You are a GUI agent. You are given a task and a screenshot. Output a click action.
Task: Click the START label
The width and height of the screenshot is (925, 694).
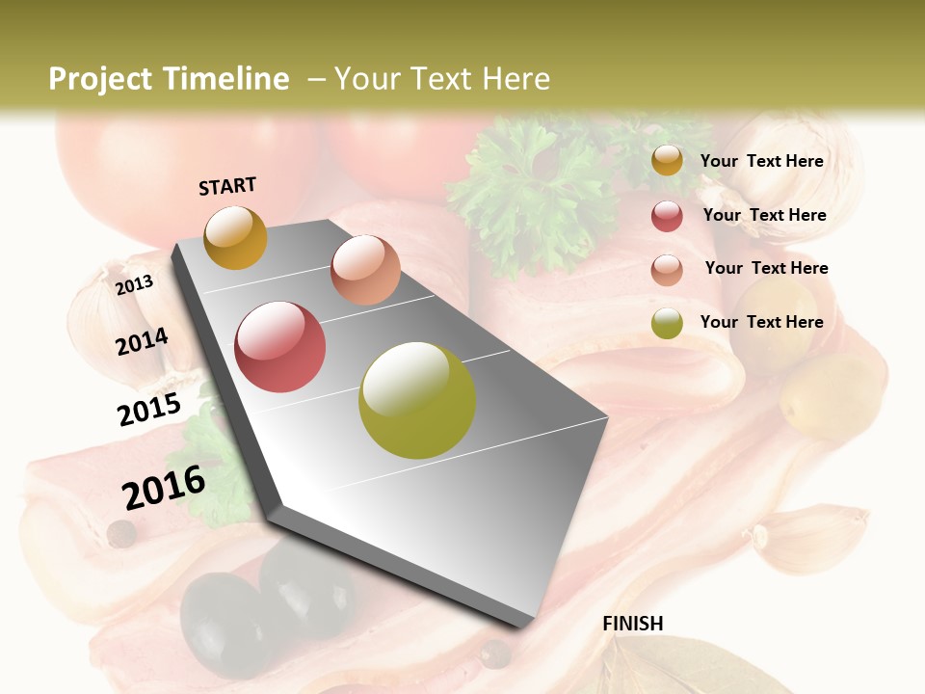click(x=227, y=186)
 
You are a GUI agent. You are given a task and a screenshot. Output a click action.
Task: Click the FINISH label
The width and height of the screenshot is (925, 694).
click(x=633, y=624)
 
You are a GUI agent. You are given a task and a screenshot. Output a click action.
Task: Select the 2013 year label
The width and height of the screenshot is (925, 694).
click(x=135, y=284)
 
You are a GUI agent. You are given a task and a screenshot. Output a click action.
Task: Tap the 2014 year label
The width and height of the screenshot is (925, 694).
click(x=143, y=341)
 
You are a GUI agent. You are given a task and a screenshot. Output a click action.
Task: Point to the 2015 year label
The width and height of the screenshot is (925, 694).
click(x=149, y=410)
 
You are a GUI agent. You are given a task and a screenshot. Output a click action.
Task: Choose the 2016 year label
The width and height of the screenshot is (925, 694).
click(x=164, y=487)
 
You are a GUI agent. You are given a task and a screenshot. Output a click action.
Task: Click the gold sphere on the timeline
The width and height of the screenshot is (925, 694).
click(x=235, y=237)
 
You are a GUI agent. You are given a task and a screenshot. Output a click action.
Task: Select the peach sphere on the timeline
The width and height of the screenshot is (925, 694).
click(x=365, y=270)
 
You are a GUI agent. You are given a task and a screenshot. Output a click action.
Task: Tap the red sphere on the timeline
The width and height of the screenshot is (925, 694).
click(x=280, y=347)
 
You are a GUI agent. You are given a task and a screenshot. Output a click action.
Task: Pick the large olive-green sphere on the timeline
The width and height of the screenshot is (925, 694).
click(x=417, y=400)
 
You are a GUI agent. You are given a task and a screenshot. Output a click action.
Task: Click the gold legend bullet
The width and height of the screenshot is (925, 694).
click(x=667, y=161)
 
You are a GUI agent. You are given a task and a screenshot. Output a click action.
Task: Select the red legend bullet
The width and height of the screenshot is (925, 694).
click(x=667, y=216)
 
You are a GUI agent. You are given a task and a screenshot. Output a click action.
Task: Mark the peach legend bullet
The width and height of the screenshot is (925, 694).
click(x=667, y=270)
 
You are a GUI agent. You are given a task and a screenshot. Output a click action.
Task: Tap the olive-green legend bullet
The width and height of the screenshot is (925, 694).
click(x=667, y=324)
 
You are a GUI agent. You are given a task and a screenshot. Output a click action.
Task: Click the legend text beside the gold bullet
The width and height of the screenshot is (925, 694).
click(x=761, y=161)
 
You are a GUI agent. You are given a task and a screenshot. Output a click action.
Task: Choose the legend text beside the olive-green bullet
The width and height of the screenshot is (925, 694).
click(x=761, y=322)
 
